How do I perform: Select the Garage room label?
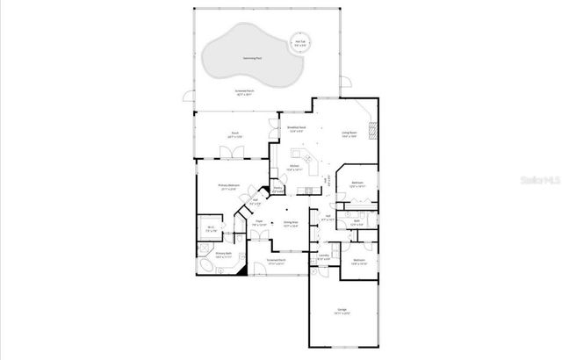342,312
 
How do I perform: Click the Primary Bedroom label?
229,186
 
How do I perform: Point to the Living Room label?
349,134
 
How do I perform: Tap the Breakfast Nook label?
297,128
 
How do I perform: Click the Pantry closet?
277,189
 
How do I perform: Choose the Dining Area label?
290,224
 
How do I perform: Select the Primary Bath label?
223,255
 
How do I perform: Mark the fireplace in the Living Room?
373,132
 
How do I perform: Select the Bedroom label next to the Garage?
359,262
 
